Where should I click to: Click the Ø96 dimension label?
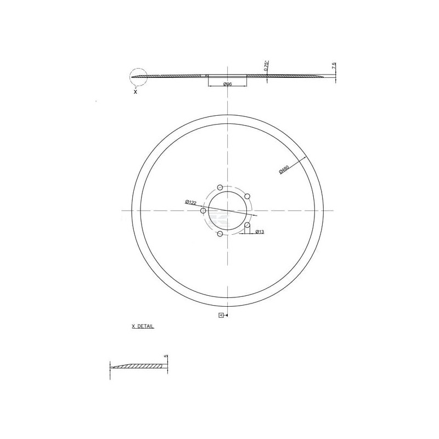coord(227,84)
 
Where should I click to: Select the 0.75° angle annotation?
coord(265,65)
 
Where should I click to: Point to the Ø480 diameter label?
coord(284,170)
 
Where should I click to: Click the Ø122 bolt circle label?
coord(191,202)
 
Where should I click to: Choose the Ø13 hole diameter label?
coord(260,232)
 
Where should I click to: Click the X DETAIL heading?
coord(143,326)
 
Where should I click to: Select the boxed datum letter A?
coord(221,316)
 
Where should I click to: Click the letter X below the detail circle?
coord(135,92)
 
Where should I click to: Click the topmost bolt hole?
coord(220,187)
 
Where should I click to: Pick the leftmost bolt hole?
coord(204,211)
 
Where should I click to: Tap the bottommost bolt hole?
coord(220,234)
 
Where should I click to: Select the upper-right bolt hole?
coord(247,196)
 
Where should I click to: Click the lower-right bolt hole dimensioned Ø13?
coord(247,225)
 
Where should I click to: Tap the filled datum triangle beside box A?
coord(226,316)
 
